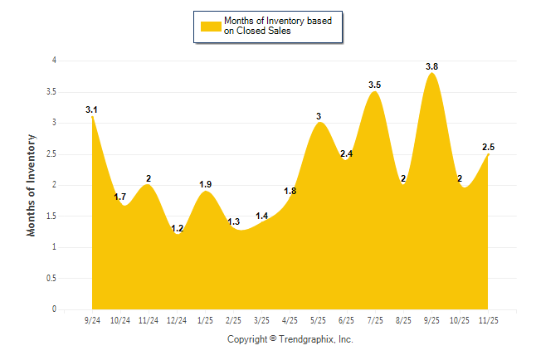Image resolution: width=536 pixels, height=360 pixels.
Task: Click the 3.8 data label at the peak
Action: (x=431, y=66)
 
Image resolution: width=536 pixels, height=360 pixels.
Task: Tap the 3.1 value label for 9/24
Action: (x=91, y=109)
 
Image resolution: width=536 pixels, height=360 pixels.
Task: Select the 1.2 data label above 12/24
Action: (x=177, y=228)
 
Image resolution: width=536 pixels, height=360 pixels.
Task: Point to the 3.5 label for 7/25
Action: (x=374, y=85)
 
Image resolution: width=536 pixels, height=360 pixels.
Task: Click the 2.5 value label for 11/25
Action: (x=488, y=147)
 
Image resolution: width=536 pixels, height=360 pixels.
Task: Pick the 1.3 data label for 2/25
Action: (x=233, y=221)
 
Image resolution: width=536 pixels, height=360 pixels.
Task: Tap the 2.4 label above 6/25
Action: (x=346, y=153)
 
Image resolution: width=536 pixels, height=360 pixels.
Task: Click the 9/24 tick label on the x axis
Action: (x=92, y=319)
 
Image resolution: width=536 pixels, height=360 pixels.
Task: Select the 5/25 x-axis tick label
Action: (x=318, y=319)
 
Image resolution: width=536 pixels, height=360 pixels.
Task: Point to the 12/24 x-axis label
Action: (x=177, y=319)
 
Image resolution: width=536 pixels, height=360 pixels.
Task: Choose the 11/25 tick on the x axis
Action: (x=488, y=319)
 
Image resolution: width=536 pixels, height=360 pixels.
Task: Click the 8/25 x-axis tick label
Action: (x=403, y=319)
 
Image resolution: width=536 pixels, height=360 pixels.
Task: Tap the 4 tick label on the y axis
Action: (x=54, y=61)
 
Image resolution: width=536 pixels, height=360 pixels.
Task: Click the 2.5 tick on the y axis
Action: (x=51, y=153)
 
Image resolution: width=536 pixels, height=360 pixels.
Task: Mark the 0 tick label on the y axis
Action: (x=54, y=309)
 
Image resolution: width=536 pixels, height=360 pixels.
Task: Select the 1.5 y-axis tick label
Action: (x=51, y=216)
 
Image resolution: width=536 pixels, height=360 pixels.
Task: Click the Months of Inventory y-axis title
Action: (x=32, y=185)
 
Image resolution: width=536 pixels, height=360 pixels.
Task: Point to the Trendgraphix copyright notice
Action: (x=290, y=339)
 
